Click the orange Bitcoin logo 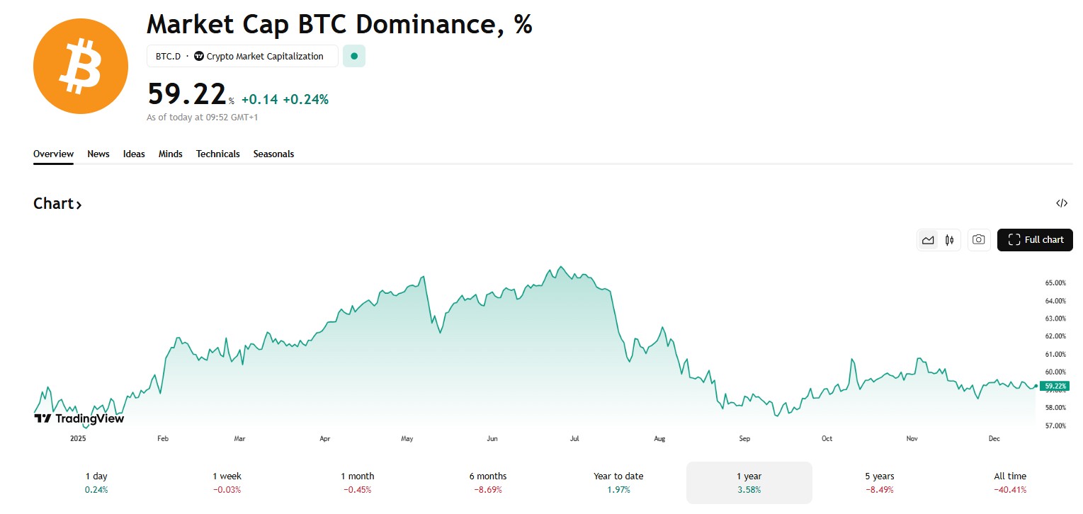(81, 67)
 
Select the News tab (98, 154)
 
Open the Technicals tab (217, 154)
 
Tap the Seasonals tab (273, 154)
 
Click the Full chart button (1035, 240)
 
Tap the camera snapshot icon (978, 240)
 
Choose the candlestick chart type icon (949, 240)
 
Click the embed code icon (1061, 204)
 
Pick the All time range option (1009, 482)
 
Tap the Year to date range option (618, 482)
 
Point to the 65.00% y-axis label (1055, 283)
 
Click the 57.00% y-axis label (1055, 426)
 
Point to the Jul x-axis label (574, 439)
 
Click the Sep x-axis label (744, 439)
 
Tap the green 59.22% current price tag (1055, 386)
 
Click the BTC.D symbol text (168, 57)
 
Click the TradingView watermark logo (79, 418)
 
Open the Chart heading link (57, 204)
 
